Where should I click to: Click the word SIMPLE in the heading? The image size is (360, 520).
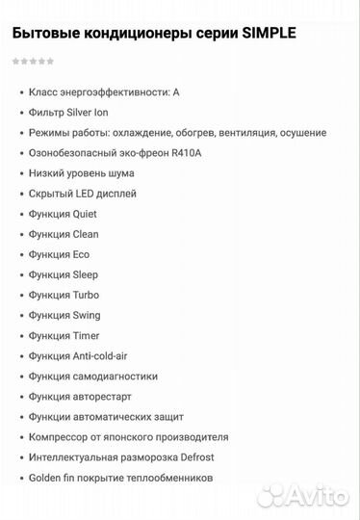[x=270, y=34]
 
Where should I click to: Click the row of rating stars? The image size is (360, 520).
[x=33, y=61]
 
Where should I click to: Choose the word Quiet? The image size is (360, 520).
[x=85, y=214]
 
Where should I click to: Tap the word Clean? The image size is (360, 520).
[x=86, y=234]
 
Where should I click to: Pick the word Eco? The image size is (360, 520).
[x=81, y=254]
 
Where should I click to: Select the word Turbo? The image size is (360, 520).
[x=86, y=295]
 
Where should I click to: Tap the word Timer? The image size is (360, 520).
[x=86, y=335]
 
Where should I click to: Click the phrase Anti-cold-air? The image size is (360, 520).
[x=102, y=356]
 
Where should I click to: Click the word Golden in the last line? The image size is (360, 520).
[x=47, y=478]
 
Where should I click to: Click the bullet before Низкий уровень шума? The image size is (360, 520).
[x=20, y=173]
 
